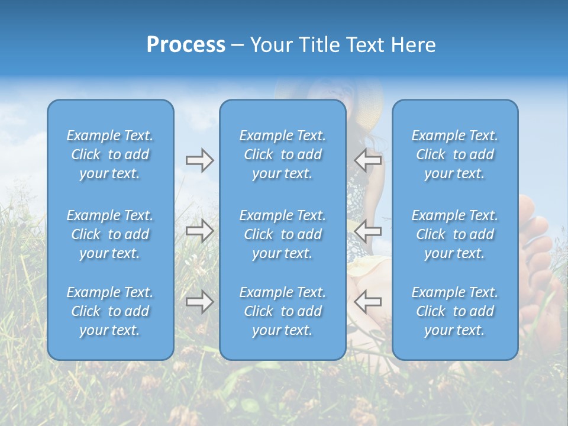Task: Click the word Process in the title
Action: (186, 45)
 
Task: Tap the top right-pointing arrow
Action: (199, 160)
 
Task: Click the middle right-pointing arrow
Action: (199, 230)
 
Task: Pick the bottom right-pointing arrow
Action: (199, 302)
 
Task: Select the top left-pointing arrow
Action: (367, 160)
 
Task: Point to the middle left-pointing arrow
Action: (367, 230)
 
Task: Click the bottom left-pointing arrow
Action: (367, 302)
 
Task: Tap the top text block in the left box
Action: (110, 154)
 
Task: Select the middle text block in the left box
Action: (110, 234)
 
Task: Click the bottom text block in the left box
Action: (110, 311)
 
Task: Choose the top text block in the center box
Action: (282, 154)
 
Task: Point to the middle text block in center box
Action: (282, 234)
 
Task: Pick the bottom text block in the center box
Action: (282, 311)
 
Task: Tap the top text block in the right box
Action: (454, 154)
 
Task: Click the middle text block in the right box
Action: (454, 234)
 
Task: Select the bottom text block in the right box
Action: (454, 311)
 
